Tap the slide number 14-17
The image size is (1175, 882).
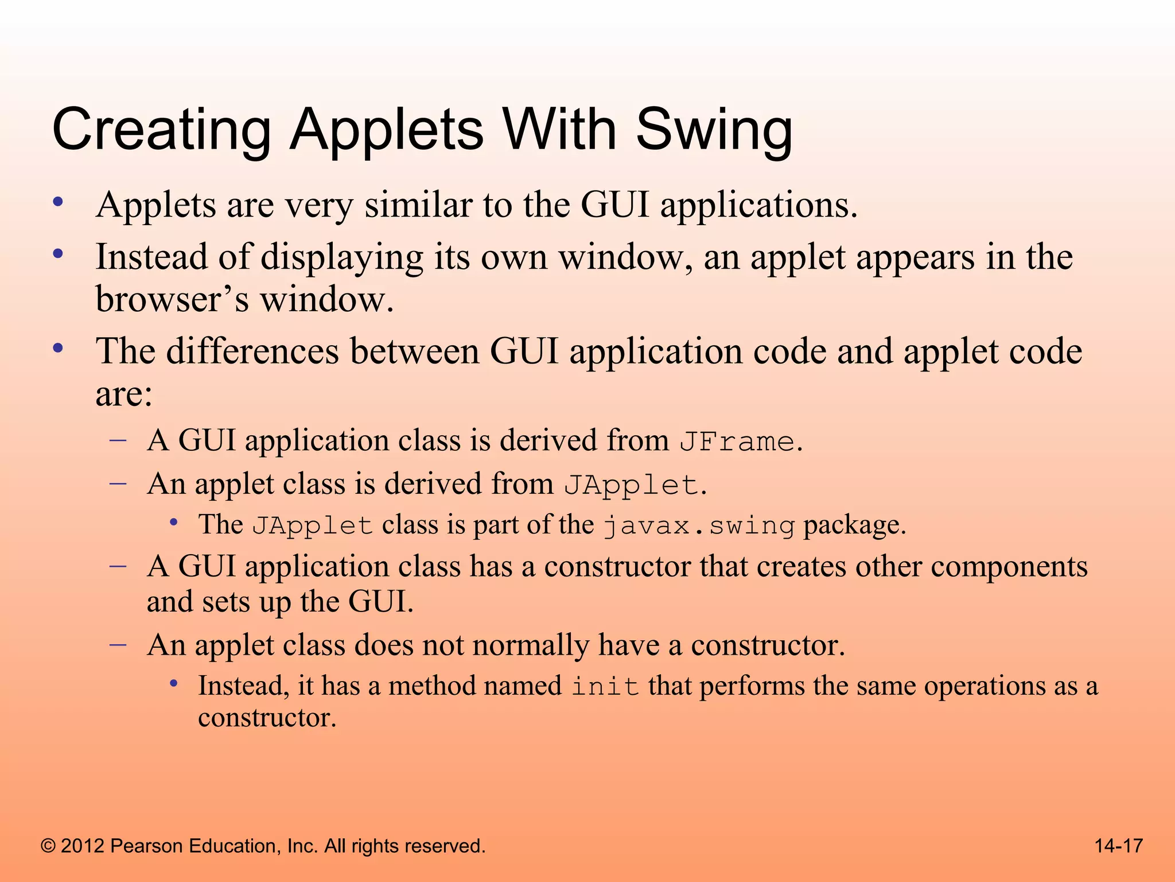pyautogui.click(x=1118, y=846)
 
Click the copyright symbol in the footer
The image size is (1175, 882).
pyautogui.click(x=49, y=846)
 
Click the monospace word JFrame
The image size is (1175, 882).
pyautogui.click(x=737, y=442)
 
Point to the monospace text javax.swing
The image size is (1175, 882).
pyautogui.click(x=699, y=526)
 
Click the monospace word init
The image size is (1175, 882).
pyautogui.click(x=605, y=687)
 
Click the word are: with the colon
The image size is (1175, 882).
pyautogui.click(x=124, y=394)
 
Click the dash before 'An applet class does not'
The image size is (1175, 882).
pyautogui.click(x=118, y=645)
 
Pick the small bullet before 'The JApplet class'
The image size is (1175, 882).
pyautogui.click(x=173, y=522)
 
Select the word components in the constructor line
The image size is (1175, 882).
pyautogui.click(x=1009, y=567)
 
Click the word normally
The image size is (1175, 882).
pyautogui.click(x=531, y=645)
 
